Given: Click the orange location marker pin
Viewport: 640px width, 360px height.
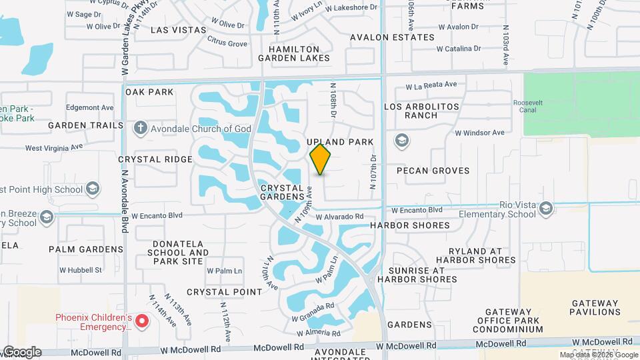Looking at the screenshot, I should tap(321, 159).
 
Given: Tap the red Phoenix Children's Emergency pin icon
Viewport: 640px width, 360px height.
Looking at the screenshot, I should tap(141, 322).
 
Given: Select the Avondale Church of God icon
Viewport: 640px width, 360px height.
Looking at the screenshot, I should tap(140, 128).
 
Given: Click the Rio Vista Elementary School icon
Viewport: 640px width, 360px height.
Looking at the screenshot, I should tap(547, 208).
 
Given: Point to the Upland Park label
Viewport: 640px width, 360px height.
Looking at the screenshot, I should tap(340, 143).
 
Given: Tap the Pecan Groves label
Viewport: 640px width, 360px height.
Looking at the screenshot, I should tap(433, 171).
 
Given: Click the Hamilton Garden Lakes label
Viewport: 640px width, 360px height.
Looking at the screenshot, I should tap(299, 53).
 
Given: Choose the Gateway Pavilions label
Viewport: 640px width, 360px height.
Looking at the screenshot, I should tap(595, 307).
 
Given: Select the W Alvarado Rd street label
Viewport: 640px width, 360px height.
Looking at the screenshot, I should tap(340, 217).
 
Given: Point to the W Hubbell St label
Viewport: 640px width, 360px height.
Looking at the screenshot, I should tap(81, 270).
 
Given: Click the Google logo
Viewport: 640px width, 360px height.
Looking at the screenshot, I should tap(21, 352).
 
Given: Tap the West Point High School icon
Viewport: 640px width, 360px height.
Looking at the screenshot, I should tap(93, 189).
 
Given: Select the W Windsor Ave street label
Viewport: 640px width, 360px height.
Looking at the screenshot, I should tap(480, 133).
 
